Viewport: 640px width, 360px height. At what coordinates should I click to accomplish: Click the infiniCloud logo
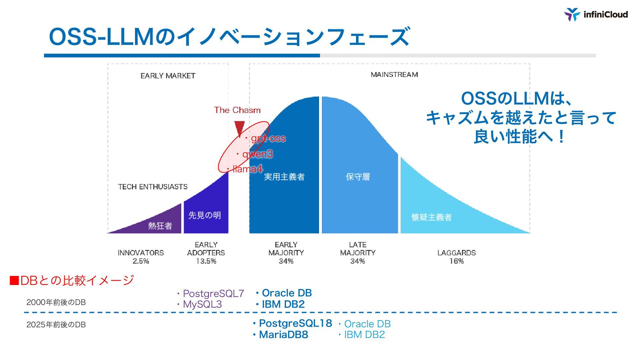point(596,15)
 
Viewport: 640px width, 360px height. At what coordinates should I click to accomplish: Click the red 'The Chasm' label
point(237,110)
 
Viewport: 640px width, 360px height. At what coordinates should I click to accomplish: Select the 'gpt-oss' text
point(268,138)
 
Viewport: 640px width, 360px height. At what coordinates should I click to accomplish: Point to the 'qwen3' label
point(257,154)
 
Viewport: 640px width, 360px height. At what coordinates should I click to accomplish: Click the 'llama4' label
point(247,169)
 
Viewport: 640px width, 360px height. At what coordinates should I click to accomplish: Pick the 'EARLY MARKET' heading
point(168,76)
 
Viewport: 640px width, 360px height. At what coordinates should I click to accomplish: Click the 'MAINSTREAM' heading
point(394,75)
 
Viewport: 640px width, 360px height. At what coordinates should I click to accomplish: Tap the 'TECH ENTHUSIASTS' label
point(153,187)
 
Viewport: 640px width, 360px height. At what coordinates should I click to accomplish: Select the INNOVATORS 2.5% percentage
point(141,261)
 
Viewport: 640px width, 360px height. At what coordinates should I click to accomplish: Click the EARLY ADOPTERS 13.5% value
point(206,261)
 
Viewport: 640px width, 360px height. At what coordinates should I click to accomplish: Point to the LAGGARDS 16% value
point(456,261)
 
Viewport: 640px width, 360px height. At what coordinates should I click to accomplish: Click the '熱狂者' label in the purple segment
point(160,226)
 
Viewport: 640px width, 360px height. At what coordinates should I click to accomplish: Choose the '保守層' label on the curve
point(358,177)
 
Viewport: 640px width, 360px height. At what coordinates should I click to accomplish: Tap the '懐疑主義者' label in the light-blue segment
point(431,217)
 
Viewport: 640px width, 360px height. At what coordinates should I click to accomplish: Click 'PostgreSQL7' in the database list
point(213,294)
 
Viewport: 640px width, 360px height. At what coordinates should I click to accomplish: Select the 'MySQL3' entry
point(202,304)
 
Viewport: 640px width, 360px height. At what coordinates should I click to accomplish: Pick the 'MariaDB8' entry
point(283,335)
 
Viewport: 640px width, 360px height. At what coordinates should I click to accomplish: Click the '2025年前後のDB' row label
point(56,325)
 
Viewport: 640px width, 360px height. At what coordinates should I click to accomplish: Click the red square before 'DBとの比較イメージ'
point(14,281)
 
